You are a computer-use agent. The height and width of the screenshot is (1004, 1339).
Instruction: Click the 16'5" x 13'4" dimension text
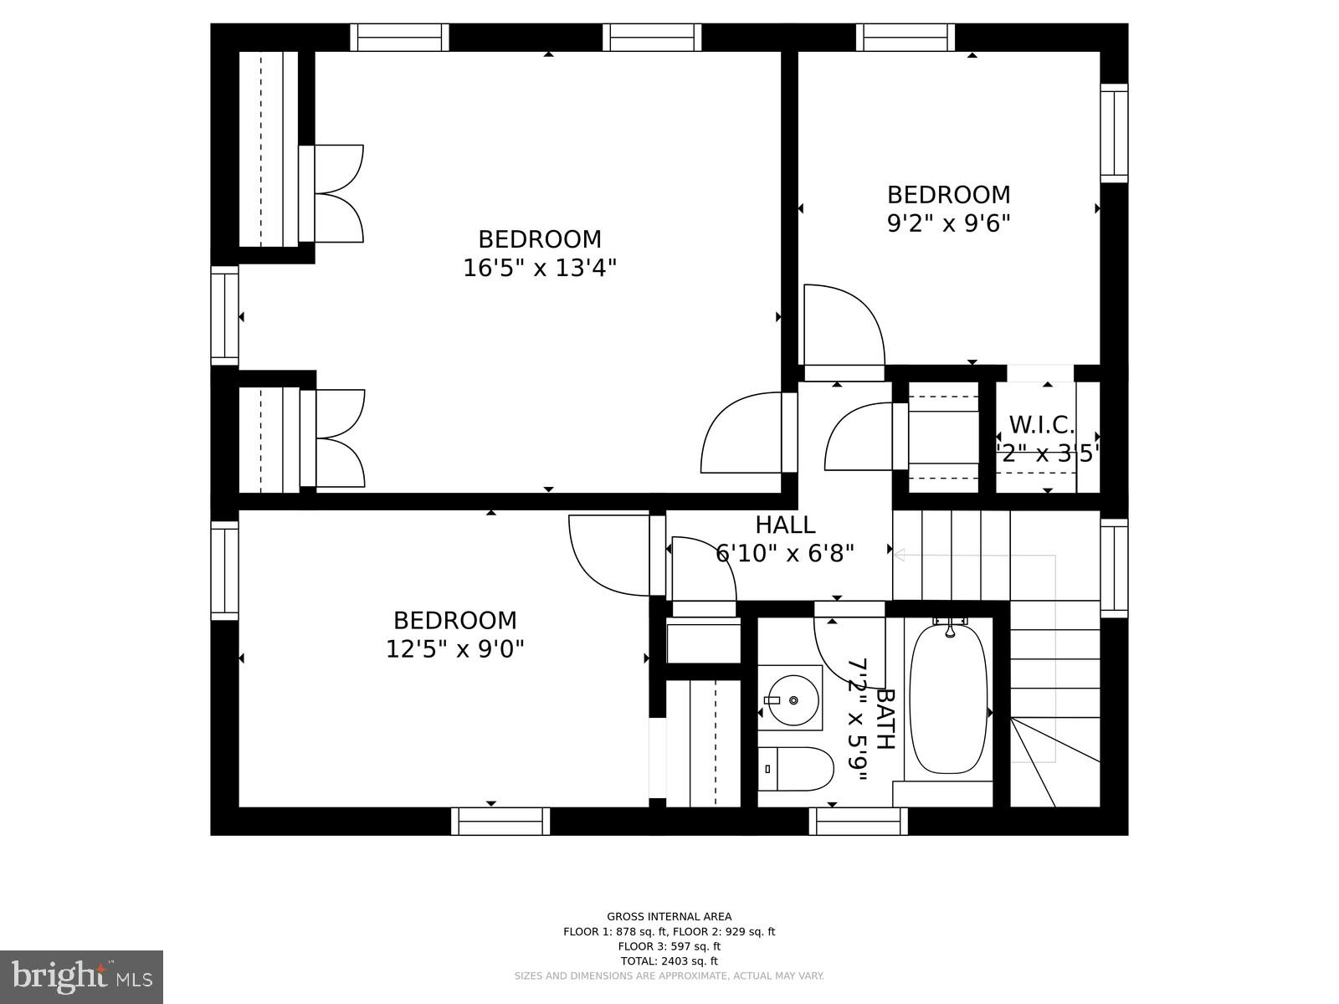(540, 268)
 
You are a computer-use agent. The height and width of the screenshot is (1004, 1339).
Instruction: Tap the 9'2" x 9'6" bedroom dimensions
(948, 223)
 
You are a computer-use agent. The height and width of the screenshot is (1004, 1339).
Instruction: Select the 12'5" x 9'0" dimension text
(454, 648)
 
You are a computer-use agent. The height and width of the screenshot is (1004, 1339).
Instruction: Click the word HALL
(785, 525)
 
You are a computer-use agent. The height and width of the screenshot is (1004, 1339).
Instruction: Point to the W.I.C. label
(1041, 424)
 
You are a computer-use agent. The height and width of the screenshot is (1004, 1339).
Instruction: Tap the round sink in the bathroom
(791, 699)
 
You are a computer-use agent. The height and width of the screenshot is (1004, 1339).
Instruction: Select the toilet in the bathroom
(799, 768)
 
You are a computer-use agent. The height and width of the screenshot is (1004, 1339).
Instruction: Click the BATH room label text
(885, 720)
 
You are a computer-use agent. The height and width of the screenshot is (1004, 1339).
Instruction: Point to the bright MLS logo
(81, 976)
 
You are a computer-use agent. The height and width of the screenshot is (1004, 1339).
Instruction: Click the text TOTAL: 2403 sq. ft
(669, 961)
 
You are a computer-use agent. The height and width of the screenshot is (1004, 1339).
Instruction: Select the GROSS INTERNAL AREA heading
(669, 916)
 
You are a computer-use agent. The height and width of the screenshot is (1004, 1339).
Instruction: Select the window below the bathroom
(858, 821)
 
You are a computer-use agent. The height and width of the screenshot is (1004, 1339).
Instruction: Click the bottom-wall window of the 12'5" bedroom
(500, 821)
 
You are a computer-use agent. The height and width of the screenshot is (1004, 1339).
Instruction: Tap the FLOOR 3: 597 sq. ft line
(669, 946)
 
